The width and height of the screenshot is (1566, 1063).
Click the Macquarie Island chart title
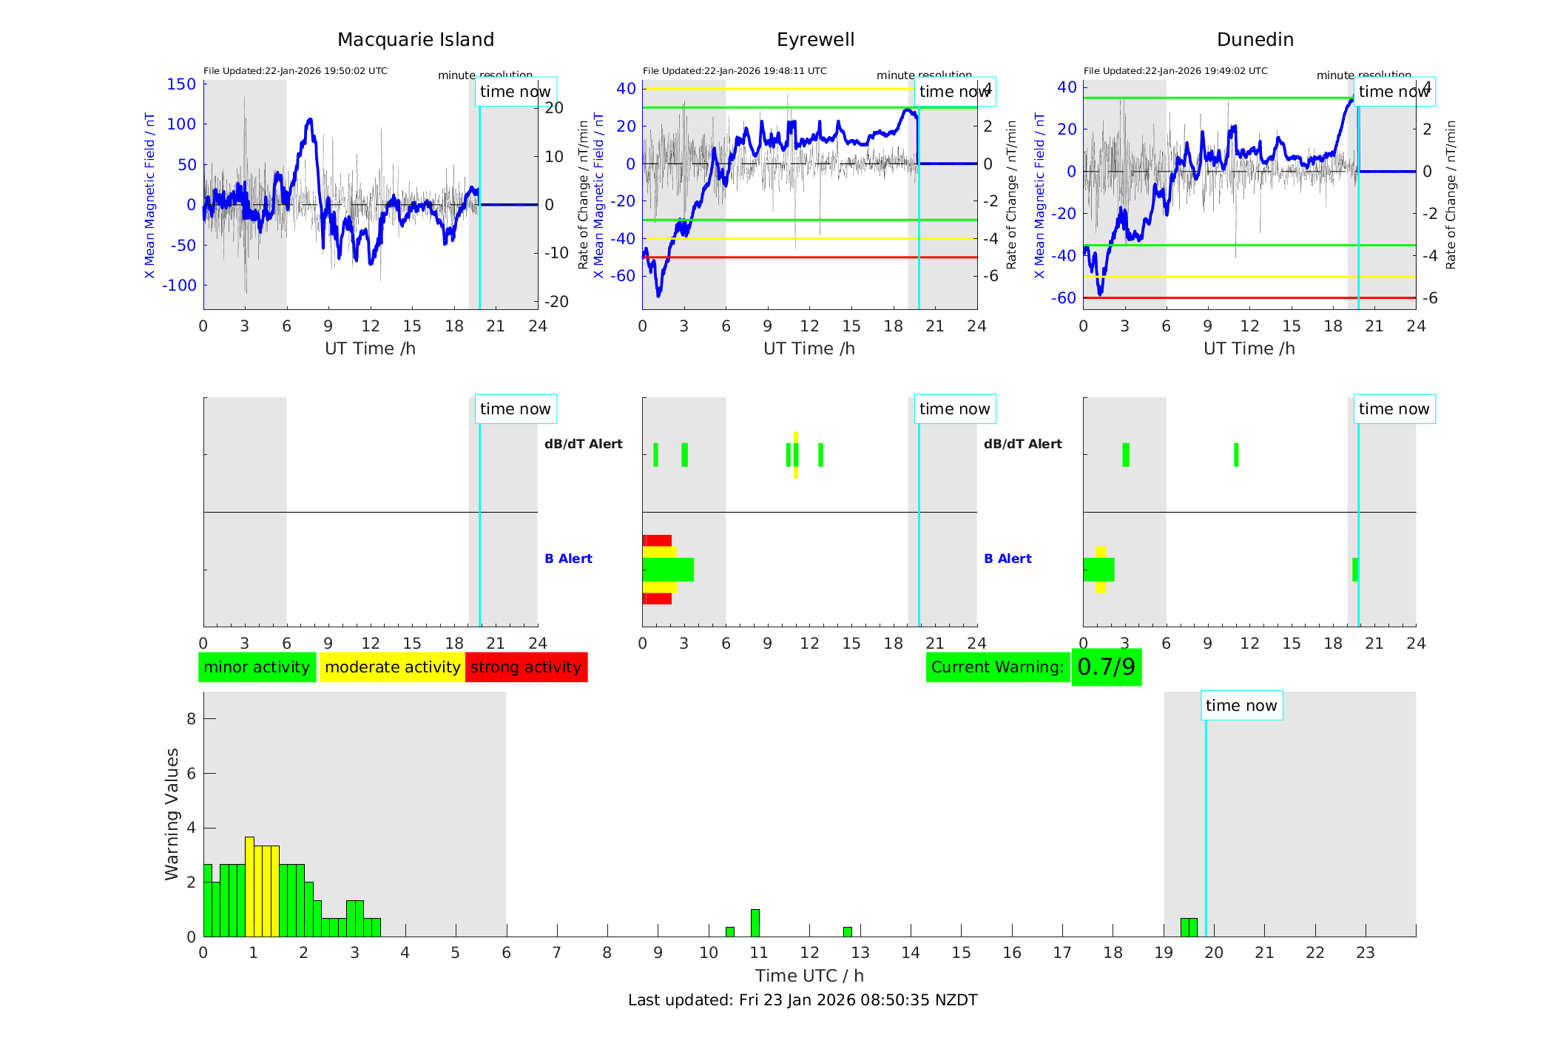coord(415,40)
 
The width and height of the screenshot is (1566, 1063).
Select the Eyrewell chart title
coord(815,40)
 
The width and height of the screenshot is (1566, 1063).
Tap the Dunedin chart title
coord(1255,40)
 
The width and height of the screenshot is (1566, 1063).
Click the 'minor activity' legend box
coord(257,667)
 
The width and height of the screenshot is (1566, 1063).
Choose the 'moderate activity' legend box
coord(392,667)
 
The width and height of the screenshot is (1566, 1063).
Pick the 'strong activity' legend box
coord(526,667)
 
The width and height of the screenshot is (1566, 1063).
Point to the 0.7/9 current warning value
coord(1106,667)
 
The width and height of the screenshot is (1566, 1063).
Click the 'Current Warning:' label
coord(997,667)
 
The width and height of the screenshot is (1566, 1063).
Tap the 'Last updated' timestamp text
coord(803,1000)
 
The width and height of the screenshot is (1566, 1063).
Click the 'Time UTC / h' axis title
coord(809,976)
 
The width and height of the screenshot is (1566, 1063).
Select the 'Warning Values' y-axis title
coord(172,814)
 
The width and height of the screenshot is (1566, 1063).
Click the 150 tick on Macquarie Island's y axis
coord(181,84)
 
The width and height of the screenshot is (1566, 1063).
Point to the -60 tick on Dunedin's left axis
coord(1066,298)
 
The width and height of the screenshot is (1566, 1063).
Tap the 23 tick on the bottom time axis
coord(1365,953)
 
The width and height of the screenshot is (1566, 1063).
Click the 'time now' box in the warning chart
coord(1241,706)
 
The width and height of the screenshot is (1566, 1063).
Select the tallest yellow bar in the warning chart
coord(249,886)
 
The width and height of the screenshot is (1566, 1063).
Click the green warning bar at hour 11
coord(755,923)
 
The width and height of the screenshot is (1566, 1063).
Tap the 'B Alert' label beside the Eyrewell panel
coord(568,559)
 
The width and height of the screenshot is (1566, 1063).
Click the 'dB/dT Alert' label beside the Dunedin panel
coord(1022,444)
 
